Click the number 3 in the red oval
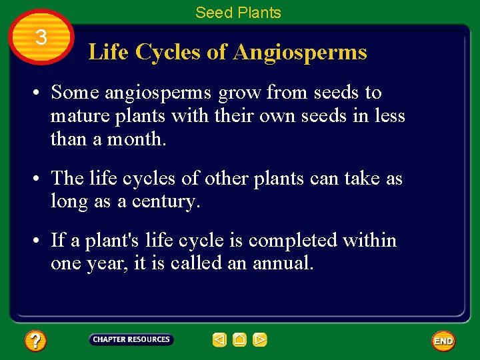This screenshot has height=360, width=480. (x=41, y=38)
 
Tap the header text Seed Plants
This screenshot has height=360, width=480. (x=238, y=12)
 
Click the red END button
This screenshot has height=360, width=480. (x=443, y=341)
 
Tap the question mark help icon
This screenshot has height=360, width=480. (x=35, y=341)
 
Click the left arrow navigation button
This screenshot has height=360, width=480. (x=219, y=340)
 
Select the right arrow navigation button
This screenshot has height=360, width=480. (x=260, y=340)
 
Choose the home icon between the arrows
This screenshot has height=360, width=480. (x=240, y=340)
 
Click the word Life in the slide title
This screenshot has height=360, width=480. (x=109, y=52)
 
